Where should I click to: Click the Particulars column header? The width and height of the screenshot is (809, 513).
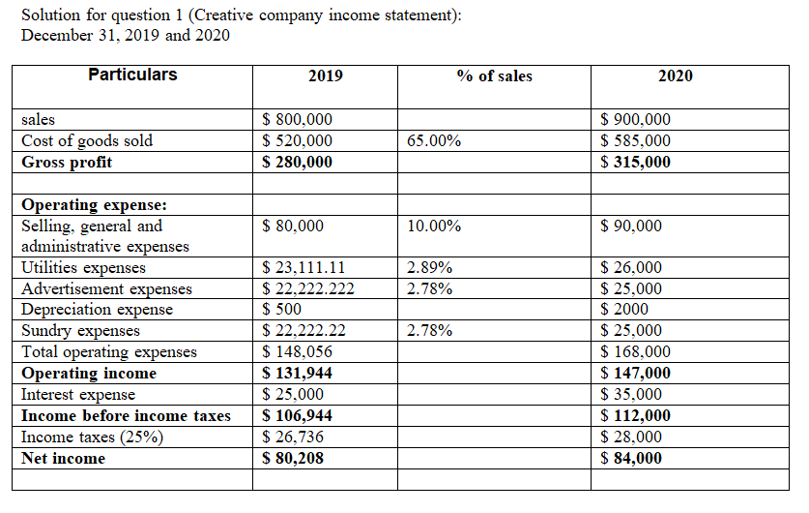click(x=132, y=75)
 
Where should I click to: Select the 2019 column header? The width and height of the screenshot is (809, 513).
click(x=325, y=76)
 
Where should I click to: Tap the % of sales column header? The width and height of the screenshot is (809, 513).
click(x=495, y=76)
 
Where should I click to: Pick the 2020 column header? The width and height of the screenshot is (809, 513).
click(x=675, y=76)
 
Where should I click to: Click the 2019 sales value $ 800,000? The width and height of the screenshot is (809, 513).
click(x=298, y=120)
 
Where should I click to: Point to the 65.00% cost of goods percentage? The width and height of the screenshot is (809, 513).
click(x=434, y=141)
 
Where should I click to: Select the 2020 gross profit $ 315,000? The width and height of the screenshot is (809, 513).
click(x=635, y=163)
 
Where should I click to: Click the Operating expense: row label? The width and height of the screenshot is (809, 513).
click(x=94, y=205)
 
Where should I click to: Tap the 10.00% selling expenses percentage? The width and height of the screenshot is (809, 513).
click(x=434, y=226)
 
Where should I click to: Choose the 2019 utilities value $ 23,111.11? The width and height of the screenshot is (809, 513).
click(x=304, y=268)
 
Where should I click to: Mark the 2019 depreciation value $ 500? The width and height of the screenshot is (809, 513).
click(x=282, y=310)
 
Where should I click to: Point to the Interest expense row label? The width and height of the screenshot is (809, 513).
click(x=78, y=395)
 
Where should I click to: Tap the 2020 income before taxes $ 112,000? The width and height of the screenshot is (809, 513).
click(x=635, y=416)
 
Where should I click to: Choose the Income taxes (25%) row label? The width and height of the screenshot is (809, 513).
click(x=92, y=438)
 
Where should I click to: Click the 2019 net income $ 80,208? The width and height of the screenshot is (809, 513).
click(x=294, y=459)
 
